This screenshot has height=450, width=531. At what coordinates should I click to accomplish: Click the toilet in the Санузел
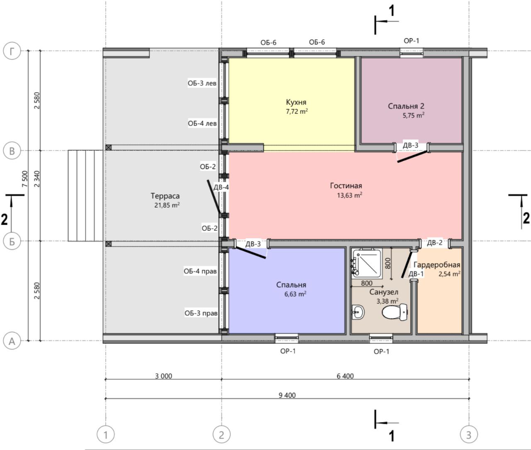point(395,312)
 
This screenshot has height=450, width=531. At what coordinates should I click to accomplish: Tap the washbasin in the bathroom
point(358,312)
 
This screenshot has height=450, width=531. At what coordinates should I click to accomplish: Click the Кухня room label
point(296,102)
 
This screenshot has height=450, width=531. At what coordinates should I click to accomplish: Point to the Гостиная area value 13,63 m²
point(350,195)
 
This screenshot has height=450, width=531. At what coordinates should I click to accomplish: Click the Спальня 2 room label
point(406,106)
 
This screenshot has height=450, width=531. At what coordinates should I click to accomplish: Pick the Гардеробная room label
point(437,264)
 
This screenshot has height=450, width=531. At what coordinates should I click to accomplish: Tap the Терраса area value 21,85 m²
point(167,205)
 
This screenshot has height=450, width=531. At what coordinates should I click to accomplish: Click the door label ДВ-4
point(221,187)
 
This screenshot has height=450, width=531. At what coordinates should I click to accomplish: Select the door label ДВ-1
point(416,274)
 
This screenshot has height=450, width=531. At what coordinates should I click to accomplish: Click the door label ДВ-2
point(435,242)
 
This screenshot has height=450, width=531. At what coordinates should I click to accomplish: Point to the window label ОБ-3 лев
point(202,83)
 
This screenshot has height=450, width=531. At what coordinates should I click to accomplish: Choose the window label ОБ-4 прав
point(200,271)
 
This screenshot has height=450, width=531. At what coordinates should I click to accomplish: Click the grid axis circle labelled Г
point(12,51)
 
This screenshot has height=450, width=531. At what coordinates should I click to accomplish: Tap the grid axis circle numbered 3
point(469,435)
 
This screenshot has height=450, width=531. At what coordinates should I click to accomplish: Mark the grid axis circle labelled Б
point(12,241)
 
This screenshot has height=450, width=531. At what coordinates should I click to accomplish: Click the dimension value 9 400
point(287,395)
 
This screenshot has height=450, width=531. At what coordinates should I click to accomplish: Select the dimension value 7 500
point(25,179)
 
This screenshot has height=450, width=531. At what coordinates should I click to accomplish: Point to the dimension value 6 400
point(345,376)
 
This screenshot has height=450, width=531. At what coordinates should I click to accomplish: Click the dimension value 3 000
point(163,376)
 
